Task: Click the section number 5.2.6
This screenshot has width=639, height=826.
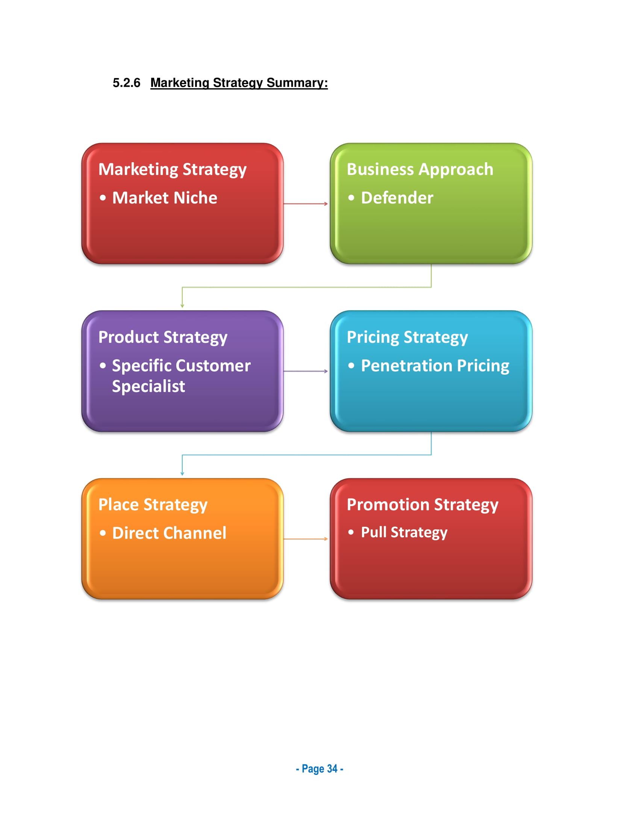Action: coord(126,83)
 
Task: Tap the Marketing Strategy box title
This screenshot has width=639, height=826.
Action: coord(172,169)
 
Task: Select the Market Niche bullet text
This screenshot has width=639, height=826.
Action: coord(165,198)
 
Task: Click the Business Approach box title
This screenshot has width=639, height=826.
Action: coord(420,169)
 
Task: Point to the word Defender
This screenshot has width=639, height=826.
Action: coord(397,198)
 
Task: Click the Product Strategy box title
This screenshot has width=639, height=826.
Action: coord(163,337)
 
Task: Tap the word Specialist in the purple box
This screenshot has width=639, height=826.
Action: coord(148,386)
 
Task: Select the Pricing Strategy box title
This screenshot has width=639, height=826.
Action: coord(407,337)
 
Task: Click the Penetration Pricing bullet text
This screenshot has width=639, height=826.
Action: coord(435,366)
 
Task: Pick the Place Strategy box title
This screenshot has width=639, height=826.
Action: coord(153,505)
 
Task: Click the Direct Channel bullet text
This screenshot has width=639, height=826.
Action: coord(169,533)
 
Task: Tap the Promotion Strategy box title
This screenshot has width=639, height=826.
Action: coord(422,505)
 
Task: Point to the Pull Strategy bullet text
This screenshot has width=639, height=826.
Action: coord(404,532)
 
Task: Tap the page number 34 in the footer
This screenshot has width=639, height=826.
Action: coord(332,769)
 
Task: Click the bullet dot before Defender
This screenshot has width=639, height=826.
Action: coord(351,198)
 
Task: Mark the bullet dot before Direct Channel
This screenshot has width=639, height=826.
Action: coord(103,533)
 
